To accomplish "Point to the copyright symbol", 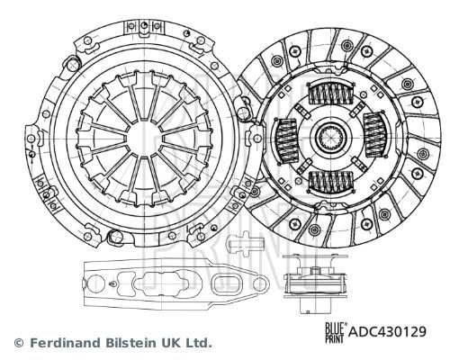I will tap(18, 343).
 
